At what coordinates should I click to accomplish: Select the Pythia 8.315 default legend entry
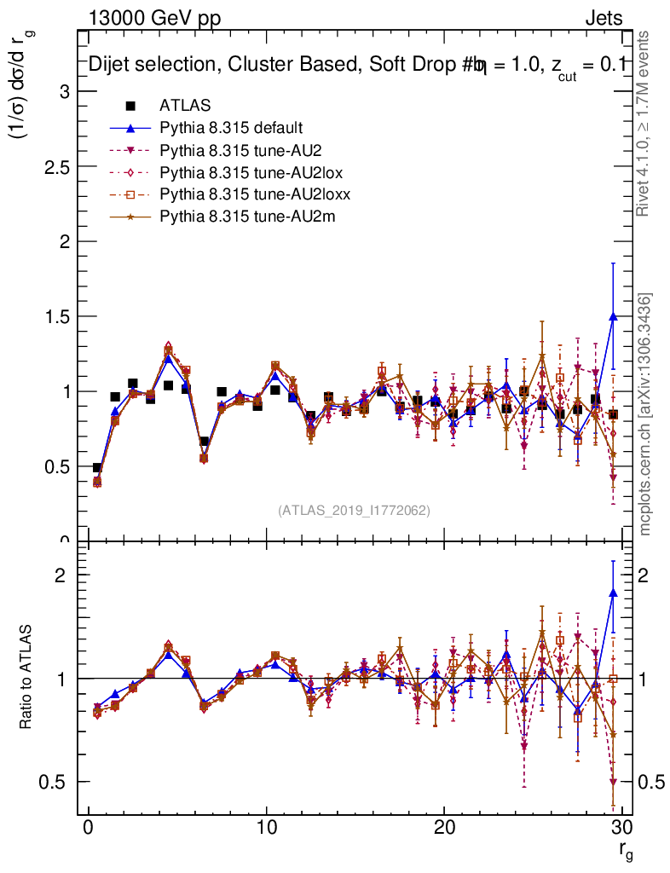231,129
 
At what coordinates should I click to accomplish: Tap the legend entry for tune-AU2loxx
255,195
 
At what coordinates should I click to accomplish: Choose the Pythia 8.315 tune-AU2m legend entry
247,217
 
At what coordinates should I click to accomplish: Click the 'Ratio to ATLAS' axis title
26,679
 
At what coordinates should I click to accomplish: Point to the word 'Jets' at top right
604,19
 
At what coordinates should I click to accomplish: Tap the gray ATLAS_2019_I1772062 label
354,511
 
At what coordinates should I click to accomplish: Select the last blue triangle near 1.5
613,316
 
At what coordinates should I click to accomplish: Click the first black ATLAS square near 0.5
97,468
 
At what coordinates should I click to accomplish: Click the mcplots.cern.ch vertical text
646,413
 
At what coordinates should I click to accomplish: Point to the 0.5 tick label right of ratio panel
647,783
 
